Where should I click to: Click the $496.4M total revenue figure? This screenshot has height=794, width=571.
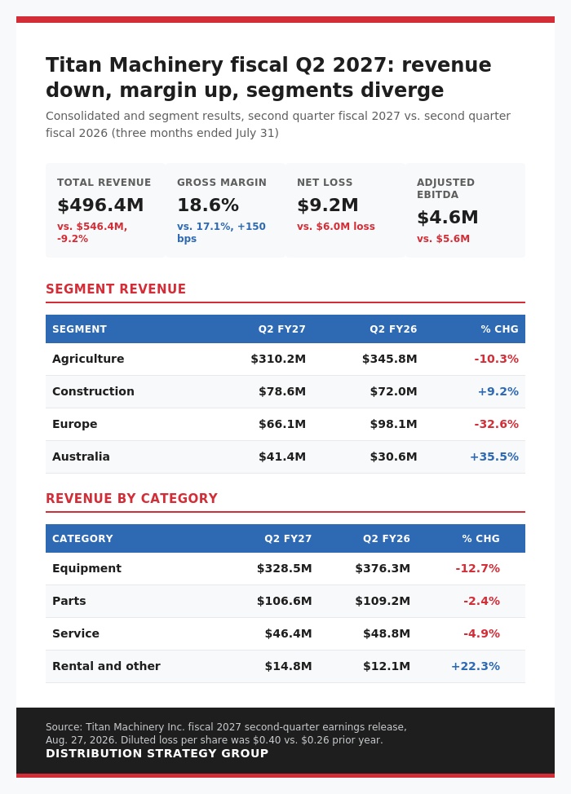100,205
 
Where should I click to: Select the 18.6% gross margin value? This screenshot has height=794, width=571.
208,205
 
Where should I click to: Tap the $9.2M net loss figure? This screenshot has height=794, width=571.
328,205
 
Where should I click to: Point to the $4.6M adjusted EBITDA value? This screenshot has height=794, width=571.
447,217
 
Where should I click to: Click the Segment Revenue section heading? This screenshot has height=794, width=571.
116,289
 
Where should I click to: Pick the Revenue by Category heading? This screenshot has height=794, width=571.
131,499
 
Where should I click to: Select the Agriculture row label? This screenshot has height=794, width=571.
88,359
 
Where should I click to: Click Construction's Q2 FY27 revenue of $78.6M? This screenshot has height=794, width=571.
282,391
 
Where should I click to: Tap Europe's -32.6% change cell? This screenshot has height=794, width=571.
497,425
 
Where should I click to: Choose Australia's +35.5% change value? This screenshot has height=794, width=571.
494,457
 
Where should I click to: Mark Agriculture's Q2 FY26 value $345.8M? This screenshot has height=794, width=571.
390,359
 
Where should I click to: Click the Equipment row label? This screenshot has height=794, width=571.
86,569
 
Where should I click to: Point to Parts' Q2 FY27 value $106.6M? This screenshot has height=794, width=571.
284,601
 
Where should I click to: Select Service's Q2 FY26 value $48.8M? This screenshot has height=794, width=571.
387,633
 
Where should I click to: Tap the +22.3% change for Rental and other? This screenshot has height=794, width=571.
476,666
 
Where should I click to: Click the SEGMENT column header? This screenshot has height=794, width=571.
80,329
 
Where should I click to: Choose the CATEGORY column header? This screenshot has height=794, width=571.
82,539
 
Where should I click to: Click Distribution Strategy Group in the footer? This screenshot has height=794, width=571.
157,753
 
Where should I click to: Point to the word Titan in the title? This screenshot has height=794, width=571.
74,65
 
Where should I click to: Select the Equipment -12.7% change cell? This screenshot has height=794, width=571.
478,569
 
